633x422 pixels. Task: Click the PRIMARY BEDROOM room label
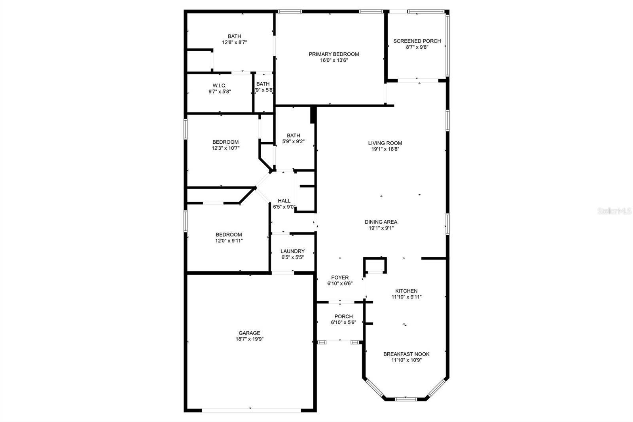pos(334,54)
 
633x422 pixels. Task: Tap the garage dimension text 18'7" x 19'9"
pos(249,339)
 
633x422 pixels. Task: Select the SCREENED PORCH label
pos(417,41)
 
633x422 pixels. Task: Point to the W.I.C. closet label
pos(220,86)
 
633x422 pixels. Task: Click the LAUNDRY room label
pos(292,251)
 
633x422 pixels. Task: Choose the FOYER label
pos(340,278)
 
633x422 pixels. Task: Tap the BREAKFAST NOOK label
pos(406,354)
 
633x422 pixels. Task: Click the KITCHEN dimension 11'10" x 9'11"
pos(406,297)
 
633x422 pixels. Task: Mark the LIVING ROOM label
pos(385,143)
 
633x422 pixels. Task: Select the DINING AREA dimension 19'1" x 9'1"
pos(381,228)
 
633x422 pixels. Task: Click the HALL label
pos(284,201)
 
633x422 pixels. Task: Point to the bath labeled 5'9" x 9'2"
pos(293,138)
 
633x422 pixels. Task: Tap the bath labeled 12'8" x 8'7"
pos(234,39)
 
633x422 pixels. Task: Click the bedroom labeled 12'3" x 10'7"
pos(226,145)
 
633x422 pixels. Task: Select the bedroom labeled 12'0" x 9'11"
pos(229,238)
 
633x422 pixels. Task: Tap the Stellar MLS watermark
pos(614,211)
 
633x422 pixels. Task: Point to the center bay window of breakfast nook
pos(406,399)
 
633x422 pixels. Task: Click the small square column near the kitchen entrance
pos(375,265)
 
